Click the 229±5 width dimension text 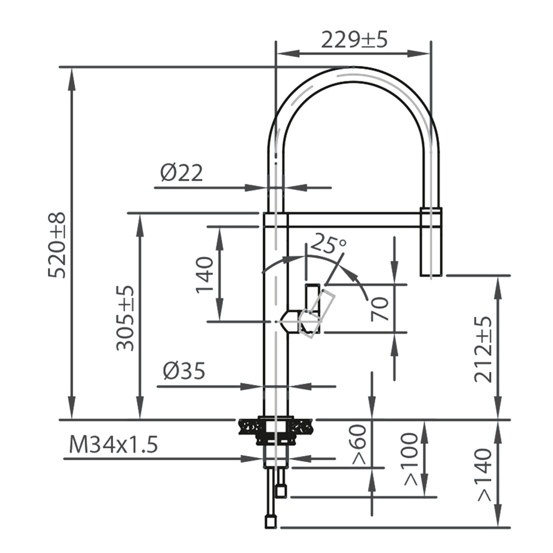pyautogui.click(x=354, y=40)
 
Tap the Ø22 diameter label pyautogui.click(x=181, y=173)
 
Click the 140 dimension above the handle pyautogui.click(x=205, y=274)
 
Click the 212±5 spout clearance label pyautogui.click(x=483, y=349)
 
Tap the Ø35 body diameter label pyautogui.click(x=184, y=371)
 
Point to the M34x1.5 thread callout pyautogui.click(x=114, y=445)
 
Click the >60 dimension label pyautogui.click(x=359, y=444)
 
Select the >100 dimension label pyautogui.click(x=411, y=459)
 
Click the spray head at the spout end pyautogui.click(x=431, y=241)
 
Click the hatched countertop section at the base pyautogui.click(x=249, y=427)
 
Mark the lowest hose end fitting pyautogui.click(x=270, y=521)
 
